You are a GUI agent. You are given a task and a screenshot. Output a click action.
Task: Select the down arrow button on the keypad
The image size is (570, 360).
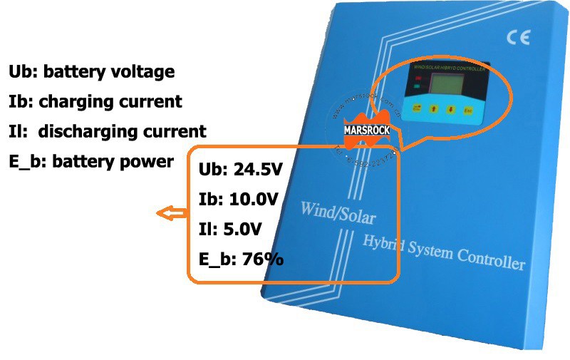point(450,110)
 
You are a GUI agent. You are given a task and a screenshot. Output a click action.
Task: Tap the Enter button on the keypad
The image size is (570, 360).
point(468,110)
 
